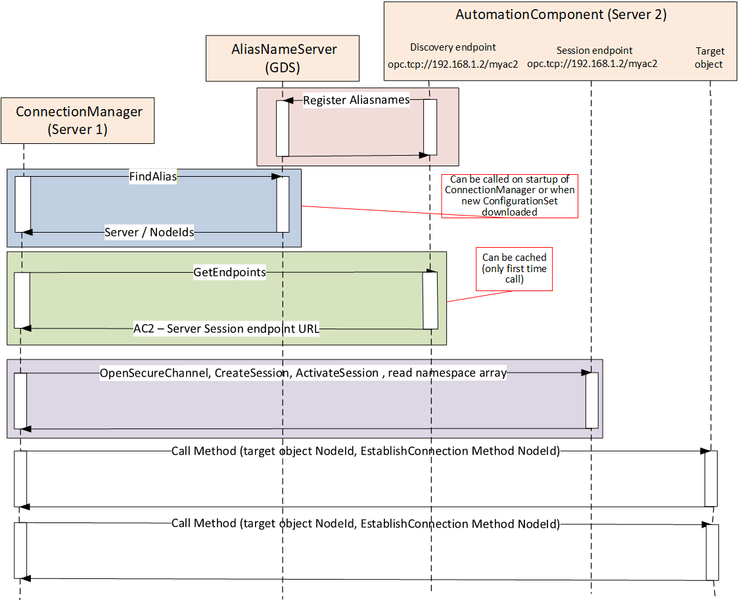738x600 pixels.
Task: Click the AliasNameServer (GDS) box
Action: coord(283,58)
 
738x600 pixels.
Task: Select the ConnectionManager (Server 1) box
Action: coord(78,120)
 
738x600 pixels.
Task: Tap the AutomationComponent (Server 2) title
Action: coord(561,14)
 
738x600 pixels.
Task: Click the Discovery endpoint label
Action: coord(453,47)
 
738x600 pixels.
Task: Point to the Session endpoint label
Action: coord(595,51)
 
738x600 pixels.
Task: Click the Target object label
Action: coord(710,57)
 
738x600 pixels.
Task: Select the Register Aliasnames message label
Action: coord(356,101)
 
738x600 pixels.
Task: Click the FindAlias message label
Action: coord(153,177)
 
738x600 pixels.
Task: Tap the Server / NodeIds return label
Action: coord(149,232)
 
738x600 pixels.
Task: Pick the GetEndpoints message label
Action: coord(230,272)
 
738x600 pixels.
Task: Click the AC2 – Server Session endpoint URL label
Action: coord(226,329)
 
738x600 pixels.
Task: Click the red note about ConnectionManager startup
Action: coord(509,196)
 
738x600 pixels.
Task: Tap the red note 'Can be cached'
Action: coord(514,269)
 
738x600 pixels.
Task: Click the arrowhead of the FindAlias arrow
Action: coord(277,177)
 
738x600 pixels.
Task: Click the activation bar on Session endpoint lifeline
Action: coord(591,400)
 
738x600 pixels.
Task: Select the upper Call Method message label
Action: coord(365,451)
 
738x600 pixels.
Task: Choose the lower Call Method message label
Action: coord(365,523)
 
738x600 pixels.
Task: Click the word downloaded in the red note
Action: coord(509,212)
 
